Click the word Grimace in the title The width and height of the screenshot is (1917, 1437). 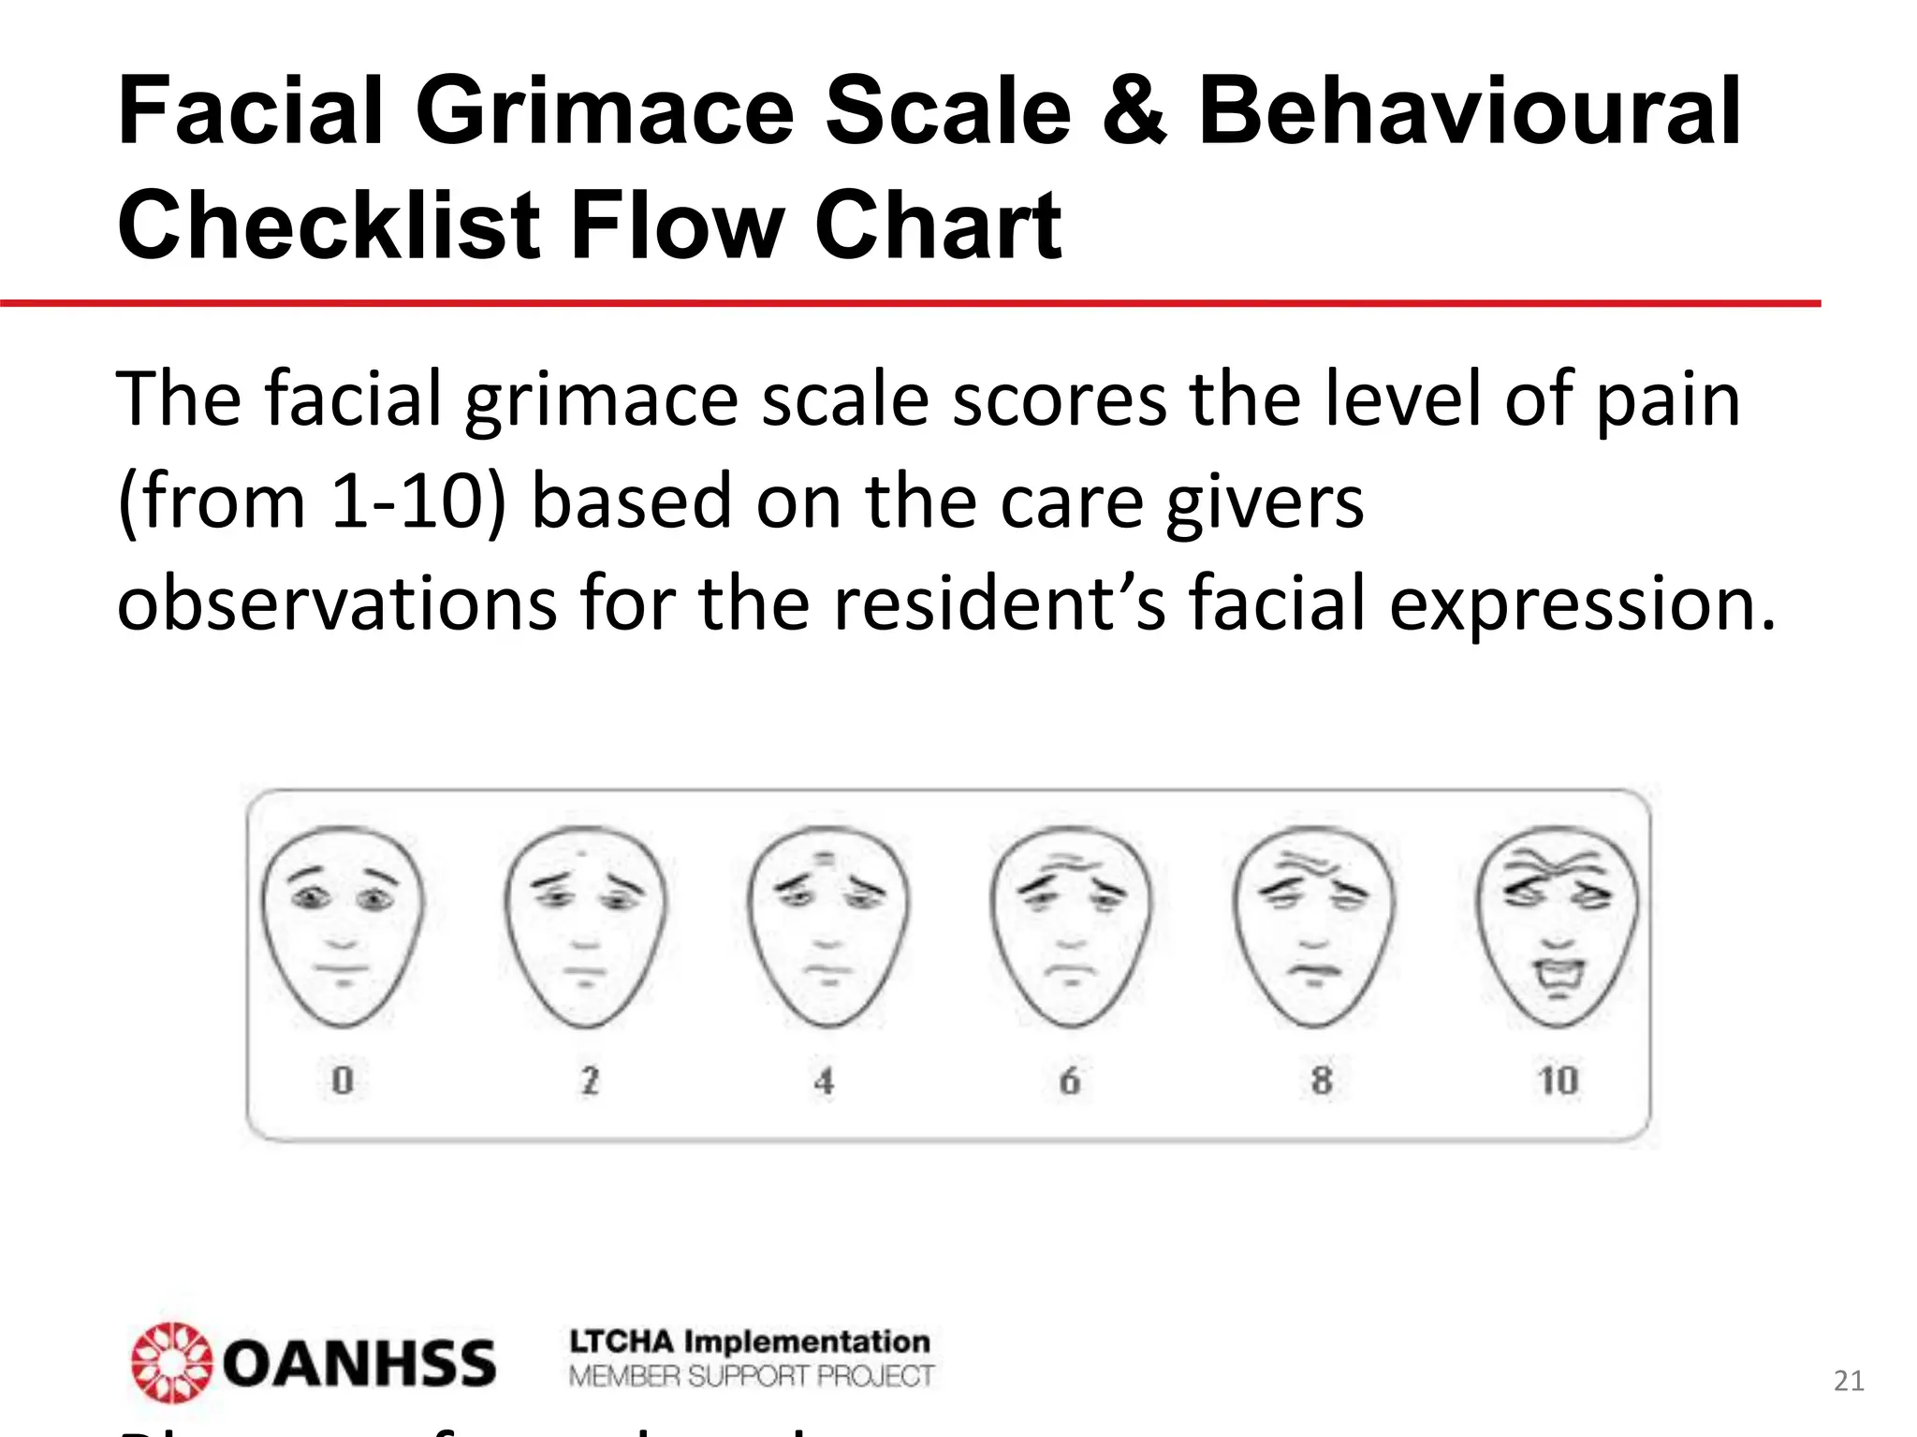click(x=605, y=113)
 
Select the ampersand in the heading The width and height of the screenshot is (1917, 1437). click(x=1134, y=113)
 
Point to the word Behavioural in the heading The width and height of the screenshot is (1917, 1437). click(x=1469, y=113)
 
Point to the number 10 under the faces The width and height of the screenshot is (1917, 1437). click(x=1558, y=1081)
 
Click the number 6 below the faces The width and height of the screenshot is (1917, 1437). click(x=1070, y=1081)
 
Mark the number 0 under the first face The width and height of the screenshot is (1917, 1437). click(x=343, y=1081)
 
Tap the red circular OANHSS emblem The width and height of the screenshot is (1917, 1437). click(x=172, y=1362)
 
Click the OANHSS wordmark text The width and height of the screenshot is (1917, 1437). click(x=359, y=1364)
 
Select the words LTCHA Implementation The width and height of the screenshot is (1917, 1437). click(x=750, y=1343)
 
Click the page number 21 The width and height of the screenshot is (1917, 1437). click(x=1849, y=1381)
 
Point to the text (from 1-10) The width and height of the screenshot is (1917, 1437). click(x=312, y=501)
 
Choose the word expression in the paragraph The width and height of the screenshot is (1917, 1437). click(x=1581, y=603)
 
